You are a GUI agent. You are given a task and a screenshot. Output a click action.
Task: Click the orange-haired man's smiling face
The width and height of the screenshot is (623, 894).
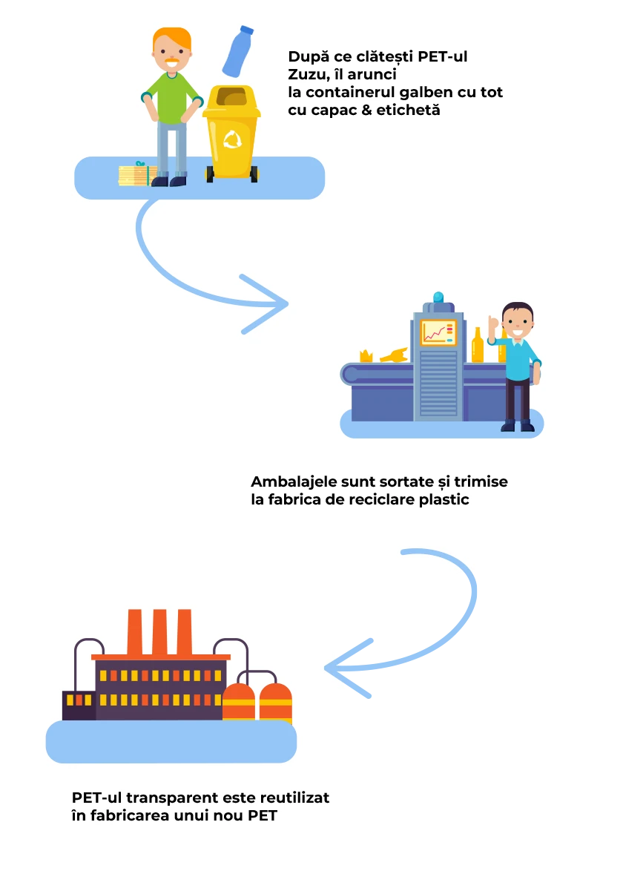pos(173,56)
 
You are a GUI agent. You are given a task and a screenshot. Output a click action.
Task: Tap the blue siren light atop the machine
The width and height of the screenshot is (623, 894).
pos(438,298)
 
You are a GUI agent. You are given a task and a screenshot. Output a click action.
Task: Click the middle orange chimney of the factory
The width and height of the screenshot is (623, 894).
pos(159,632)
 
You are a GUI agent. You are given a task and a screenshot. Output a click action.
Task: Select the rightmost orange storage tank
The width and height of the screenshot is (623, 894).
pos(276,703)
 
